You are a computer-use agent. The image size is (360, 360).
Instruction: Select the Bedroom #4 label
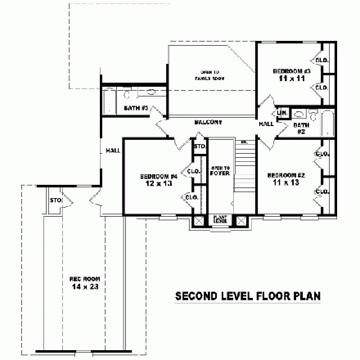[155, 176]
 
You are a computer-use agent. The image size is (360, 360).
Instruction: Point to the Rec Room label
[79, 279]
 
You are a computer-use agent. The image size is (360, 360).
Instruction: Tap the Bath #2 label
[300, 128]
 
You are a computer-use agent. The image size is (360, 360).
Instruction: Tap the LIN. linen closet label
[281, 112]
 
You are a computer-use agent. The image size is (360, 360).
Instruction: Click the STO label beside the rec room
[56, 200]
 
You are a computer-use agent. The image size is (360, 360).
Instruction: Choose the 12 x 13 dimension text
[155, 183]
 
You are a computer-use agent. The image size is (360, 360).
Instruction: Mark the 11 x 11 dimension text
[287, 79]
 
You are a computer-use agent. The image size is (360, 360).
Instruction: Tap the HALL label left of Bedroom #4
[110, 151]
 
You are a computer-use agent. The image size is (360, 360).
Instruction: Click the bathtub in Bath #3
[109, 105]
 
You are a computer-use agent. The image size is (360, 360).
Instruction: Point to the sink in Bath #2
[300, 115]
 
